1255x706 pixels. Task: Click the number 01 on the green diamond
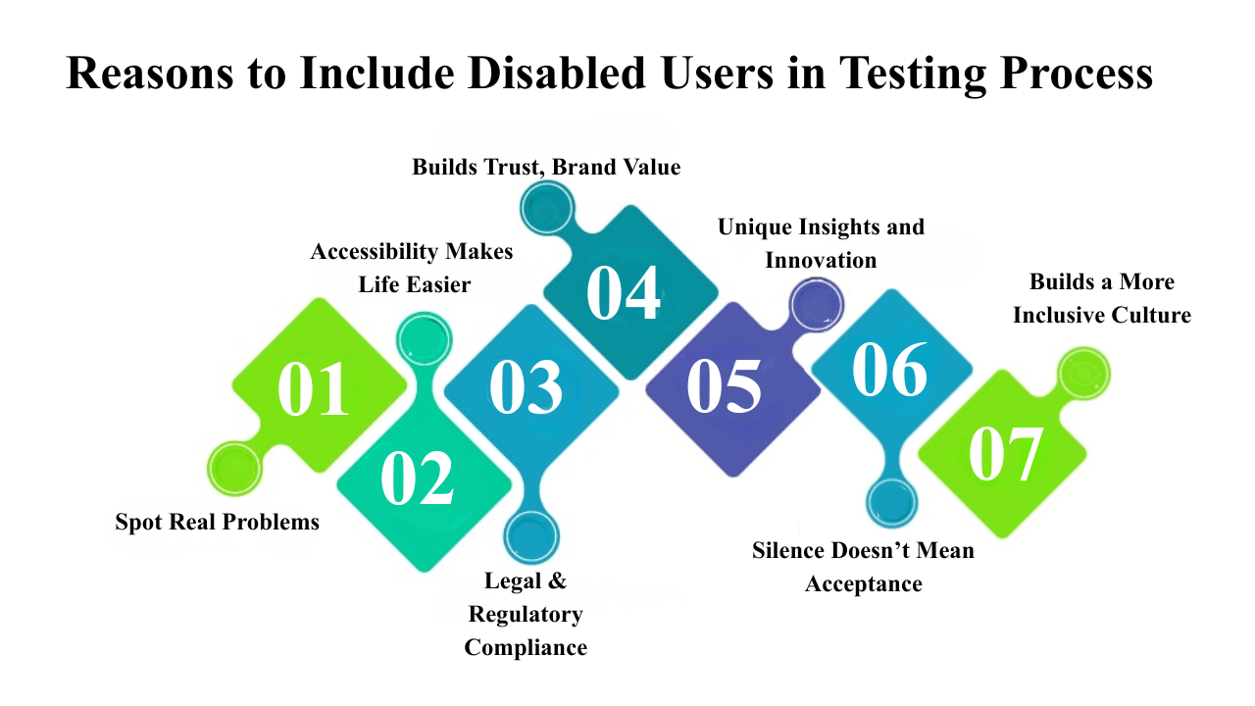pos(314,388)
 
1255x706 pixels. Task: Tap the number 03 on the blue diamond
pos(526,386)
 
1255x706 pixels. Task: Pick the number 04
pos(624,292)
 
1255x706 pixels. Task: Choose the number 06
pos(889,370)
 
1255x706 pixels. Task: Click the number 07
pos(1006,455)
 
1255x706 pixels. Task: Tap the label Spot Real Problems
pos(217,522)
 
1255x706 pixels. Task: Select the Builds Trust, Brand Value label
pos(546,167)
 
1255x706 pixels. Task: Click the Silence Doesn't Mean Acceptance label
pos(864,567)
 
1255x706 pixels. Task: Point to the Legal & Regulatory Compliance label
pos(526,614)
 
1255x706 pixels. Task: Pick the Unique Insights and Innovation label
pos(821,243)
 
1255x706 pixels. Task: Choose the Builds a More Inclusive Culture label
pos(1102,298)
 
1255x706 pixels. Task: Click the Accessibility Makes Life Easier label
pos(412,268)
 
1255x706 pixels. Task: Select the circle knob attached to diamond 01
pos(234,469)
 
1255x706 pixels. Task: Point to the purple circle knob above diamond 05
pos(817,306)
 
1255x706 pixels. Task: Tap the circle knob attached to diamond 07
pos(1083,374)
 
